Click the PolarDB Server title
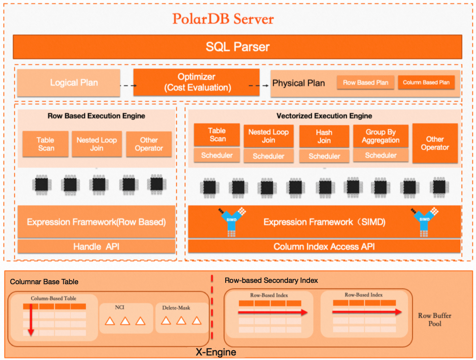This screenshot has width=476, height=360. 223,19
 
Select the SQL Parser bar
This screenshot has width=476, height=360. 237,47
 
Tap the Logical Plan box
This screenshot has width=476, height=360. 74,82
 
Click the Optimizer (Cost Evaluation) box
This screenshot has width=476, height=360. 196,82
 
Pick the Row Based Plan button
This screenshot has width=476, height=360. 366,82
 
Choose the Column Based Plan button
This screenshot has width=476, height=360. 426,82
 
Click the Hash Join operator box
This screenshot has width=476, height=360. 324,136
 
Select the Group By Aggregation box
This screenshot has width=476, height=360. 380,136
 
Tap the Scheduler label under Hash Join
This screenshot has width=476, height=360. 324,156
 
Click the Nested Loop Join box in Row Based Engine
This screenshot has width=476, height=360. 96,144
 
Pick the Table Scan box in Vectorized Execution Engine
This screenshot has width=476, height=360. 217,134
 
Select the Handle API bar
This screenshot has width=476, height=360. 96,246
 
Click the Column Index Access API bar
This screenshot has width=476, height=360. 323,246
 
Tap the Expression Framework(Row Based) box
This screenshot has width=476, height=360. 96,222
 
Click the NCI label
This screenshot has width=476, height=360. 120,308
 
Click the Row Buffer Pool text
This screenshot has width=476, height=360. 434,319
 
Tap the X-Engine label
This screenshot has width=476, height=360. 216,352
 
